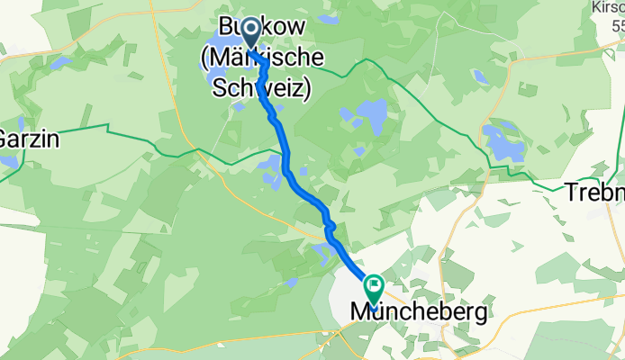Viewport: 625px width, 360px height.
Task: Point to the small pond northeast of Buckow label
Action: tap(329, 18)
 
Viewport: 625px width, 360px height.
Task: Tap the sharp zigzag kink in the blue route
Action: tap(331, 225)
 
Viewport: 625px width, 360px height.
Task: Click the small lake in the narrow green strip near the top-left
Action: tap(59, 63)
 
